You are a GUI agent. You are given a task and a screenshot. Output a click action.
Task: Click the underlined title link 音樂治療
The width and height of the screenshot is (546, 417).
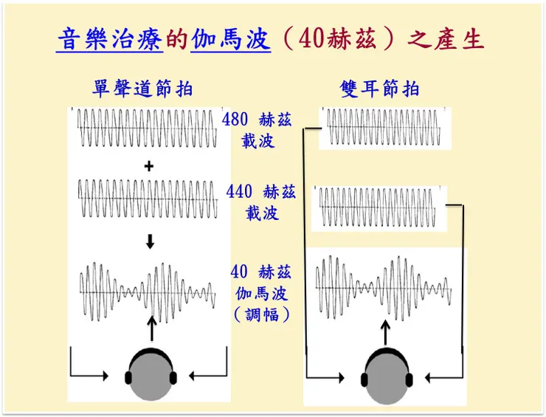coord(110,39)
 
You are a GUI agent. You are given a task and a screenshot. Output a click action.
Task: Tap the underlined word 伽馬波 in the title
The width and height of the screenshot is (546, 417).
coord(231,39)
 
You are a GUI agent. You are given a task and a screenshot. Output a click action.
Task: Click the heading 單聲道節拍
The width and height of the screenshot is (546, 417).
coord(142,89)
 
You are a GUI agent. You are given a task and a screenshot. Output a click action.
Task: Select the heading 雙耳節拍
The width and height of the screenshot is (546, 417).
coord(379,89)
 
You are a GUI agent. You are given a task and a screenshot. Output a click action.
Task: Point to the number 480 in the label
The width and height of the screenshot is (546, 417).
coord(235,120)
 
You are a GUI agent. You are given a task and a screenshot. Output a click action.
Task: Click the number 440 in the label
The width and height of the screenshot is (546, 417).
coord(239,192)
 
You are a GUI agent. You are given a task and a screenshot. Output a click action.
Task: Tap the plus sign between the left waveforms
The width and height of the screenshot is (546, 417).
coord(149,166)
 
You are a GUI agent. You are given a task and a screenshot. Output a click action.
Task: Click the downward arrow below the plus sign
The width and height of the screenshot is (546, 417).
coord(150,241)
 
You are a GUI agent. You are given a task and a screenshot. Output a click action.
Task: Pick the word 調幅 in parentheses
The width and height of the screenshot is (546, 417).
coord(262,315)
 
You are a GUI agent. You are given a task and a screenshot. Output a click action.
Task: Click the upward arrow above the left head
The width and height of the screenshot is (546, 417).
coord(151,328)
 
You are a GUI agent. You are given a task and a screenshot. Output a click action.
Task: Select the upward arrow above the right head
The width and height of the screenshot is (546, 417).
coord(385,333)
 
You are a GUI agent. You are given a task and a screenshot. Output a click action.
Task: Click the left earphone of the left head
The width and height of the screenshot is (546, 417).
coord(128,378)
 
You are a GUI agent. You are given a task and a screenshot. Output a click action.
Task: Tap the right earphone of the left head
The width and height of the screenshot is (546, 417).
coord(173,378)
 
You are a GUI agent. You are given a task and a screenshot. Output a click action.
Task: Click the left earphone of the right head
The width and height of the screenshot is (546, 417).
coord(364,379)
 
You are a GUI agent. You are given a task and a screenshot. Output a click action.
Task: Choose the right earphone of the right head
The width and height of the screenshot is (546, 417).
coord(409,379)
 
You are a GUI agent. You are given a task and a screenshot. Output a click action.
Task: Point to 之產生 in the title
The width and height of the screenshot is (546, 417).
coord(446,39)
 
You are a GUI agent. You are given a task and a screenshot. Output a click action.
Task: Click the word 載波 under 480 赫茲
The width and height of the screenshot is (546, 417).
coord(258,141)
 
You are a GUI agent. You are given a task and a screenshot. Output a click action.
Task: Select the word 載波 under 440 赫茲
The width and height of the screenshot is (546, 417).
coord(262,213)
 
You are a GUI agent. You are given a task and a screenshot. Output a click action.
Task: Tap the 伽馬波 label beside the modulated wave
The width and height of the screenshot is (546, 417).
coord(261,294)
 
